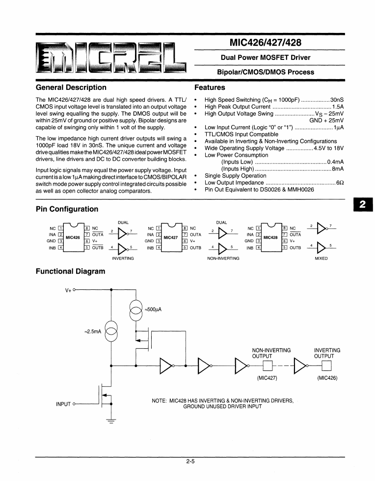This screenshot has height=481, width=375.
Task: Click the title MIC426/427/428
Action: point(269,43)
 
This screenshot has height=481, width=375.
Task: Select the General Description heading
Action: point(71,87)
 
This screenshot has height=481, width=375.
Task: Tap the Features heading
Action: point(210,87)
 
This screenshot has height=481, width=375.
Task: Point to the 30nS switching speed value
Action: point(337,99)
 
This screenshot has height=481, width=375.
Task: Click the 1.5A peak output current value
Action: point(338,107)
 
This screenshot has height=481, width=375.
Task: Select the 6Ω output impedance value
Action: point(339,182)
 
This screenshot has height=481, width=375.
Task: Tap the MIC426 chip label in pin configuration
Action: point(73,237)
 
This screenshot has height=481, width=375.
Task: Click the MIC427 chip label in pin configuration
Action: point(170,237)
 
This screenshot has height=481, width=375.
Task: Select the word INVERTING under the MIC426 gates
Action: point(123,258)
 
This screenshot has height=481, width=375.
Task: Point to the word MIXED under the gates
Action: point(321,258)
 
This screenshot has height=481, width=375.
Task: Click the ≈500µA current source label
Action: point(153,310)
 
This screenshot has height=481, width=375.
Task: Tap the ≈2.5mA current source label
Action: point(93,332)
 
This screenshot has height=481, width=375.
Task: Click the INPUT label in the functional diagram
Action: point(64,404)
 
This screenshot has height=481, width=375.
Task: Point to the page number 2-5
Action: point(191,461)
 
